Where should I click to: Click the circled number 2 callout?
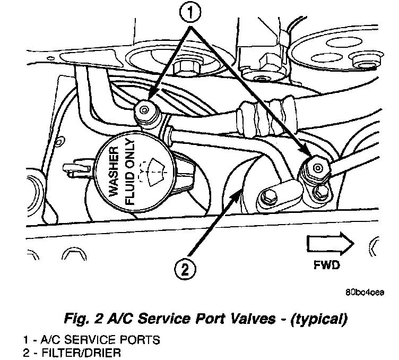point(185,270)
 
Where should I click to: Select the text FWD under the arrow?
point(327,264)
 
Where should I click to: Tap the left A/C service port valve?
point(144,110)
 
